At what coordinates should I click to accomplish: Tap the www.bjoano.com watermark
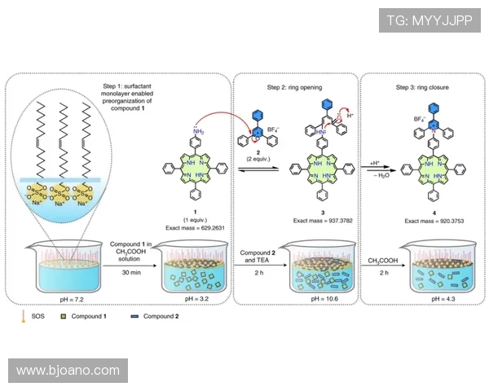[x=68, y=371]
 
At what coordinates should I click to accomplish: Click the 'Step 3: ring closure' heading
[x=423, y=86]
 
